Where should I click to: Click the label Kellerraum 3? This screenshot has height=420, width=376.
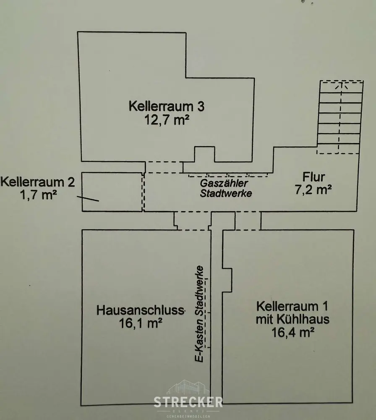pyautogui.click(x=167, y=105)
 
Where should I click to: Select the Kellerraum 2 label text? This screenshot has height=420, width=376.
pyautogui.click(x=38, y=182)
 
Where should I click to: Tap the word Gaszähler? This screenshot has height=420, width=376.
pyautogui.click(x=225, y=184)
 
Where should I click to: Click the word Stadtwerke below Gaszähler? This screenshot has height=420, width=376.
pyautogui.click(x=226, y=194)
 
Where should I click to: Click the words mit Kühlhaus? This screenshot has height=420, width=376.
pyautogui.click(x=292, y=319)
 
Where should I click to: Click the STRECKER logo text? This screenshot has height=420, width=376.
pyautogui.click(x=188, y=402)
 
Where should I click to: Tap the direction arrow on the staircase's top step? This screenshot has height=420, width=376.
pyautogui.click(x=340, y=86)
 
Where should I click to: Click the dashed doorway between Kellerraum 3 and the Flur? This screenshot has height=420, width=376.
pyautogui.click(x=164, y=167)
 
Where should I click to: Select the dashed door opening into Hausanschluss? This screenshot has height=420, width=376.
pyautogui.click(x=193, y=221)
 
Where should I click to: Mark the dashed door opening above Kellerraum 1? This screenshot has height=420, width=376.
pyautogui.click(x=248, y=221)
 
